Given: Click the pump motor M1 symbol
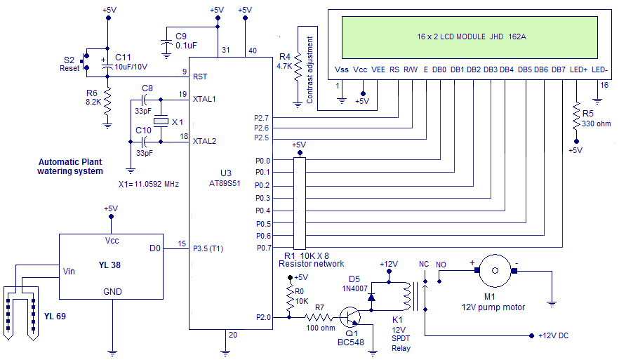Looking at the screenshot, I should [x=498, y=270].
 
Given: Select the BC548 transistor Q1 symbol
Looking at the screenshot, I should [x=350, y=317].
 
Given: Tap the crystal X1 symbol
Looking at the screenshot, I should [x=161, y=121].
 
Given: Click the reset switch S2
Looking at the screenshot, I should [x=84, y=61].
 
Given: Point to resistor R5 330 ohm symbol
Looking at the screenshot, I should [x=575, y=114].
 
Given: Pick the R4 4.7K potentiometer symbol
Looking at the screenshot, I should [x=297, y=66].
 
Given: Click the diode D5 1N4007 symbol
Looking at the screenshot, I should [x=371, y=296].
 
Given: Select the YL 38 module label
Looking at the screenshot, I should [x=112, y=265].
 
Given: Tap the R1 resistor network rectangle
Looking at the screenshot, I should [x=300, y=204].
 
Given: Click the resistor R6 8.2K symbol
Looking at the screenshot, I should [x=107, y=95].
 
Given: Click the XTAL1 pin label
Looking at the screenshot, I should [x=204, y=99].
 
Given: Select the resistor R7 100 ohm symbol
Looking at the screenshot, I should [x=319, y=317].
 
